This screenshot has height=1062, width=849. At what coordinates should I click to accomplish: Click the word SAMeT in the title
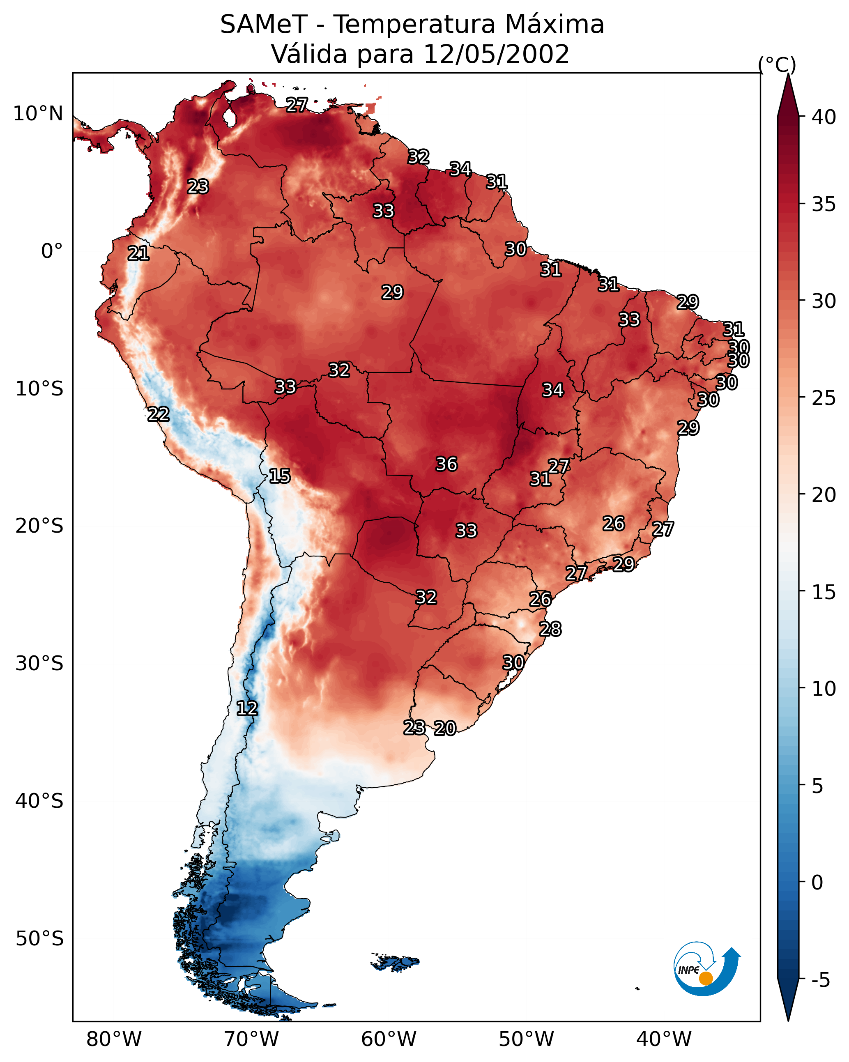click(264, 25)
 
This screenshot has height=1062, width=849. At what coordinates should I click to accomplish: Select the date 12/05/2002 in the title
click(496, 54)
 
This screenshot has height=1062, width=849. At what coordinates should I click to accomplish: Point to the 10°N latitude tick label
click(38, 114)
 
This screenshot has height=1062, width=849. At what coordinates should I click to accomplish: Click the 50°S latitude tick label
click(39, 939)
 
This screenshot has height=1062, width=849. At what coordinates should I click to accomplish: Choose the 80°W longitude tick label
click(114, 1039)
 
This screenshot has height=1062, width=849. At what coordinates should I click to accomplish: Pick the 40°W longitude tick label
click(664, 1039)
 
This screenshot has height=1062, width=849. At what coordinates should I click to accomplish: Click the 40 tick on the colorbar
click(824, 117)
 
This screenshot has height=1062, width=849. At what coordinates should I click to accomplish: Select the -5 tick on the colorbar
click(821, 980)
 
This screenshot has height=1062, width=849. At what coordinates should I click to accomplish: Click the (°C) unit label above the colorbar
click(777, 64)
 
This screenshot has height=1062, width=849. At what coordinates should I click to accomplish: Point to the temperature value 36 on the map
click(447, 464)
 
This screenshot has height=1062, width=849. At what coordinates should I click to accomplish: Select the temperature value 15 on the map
click(280, 476)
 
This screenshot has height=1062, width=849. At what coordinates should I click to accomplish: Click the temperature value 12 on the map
click(247, 708)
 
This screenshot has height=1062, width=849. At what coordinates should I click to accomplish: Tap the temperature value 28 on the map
click(550, 629)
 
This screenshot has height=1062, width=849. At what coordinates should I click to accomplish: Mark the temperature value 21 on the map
click(138, 254)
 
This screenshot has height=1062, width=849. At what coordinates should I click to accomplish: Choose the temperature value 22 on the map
click(159, 414)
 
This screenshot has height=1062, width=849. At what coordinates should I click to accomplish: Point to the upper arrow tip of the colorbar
click(788, 74)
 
